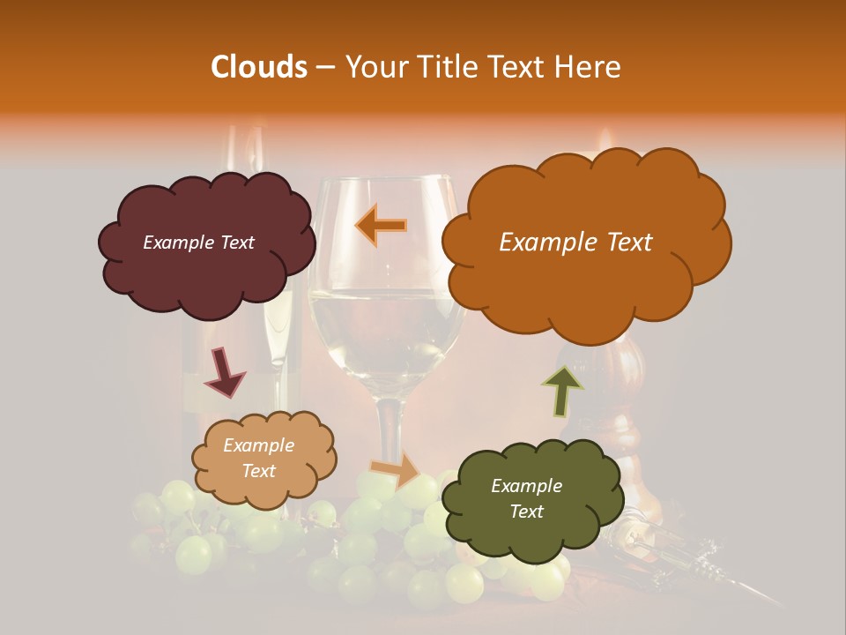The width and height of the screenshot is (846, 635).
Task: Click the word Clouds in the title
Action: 259,67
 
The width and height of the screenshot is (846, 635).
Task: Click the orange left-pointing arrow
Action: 382,225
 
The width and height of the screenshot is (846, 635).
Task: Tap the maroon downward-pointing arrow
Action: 225,371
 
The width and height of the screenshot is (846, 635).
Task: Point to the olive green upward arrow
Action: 561,391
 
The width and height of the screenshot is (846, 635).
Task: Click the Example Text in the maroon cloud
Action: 198,243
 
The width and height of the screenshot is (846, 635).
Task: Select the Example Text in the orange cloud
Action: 575,243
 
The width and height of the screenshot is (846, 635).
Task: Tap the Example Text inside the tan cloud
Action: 258,459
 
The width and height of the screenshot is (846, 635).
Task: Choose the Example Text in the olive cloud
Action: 526,498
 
